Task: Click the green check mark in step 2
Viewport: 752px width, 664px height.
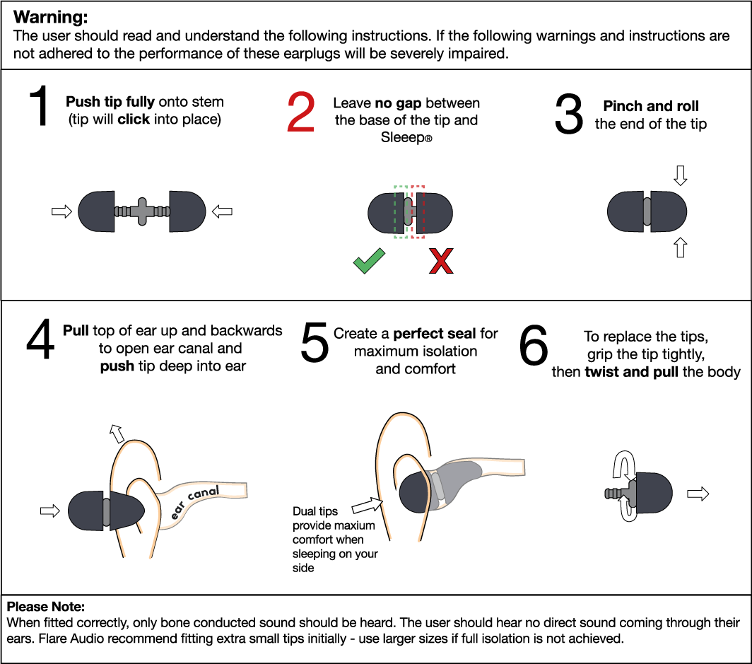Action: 368,262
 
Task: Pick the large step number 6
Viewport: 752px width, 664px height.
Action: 534,346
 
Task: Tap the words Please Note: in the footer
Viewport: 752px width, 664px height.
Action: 46,607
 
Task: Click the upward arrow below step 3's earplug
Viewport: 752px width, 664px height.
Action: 681,247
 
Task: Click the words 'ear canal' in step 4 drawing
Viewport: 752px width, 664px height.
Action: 196,501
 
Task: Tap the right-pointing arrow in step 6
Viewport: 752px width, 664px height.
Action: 698,494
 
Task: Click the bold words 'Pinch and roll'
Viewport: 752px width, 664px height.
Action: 651,106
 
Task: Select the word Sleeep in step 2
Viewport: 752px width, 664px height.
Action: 400,139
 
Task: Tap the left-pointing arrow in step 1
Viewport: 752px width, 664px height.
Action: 222,211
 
